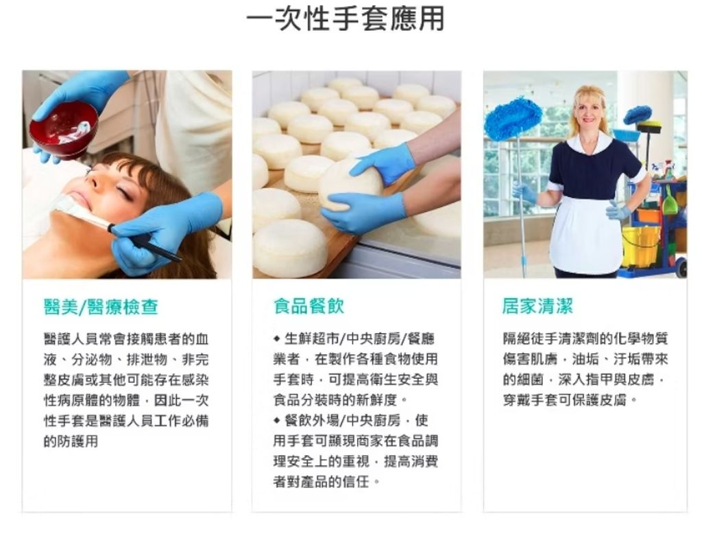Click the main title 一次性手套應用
pos(346,19)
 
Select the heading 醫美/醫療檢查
pos(101,307)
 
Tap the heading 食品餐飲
pos(308,306)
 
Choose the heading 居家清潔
pos(537,306)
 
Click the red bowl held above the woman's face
pos(64,129)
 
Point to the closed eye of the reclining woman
pos(126,194)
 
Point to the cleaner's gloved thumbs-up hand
pos(617,210)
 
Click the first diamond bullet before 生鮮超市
pos(277,338)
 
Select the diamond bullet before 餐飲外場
pos(277,421)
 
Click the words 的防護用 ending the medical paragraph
pos(71,441)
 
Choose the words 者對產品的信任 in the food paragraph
pos(322,482)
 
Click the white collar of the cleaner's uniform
pos(589,143)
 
